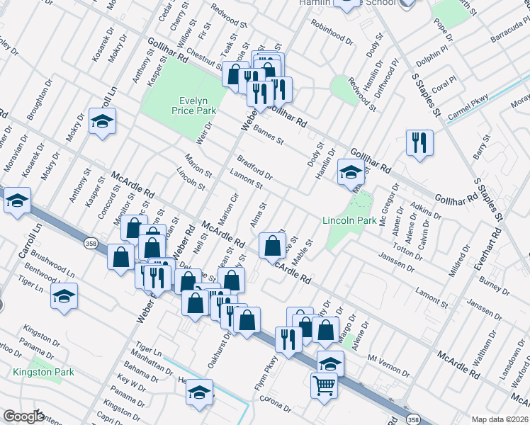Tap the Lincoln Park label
349,220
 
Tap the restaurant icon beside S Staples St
419,142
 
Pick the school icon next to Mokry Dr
102,121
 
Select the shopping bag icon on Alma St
273,246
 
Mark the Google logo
24,416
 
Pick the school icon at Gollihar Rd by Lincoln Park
351,171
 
